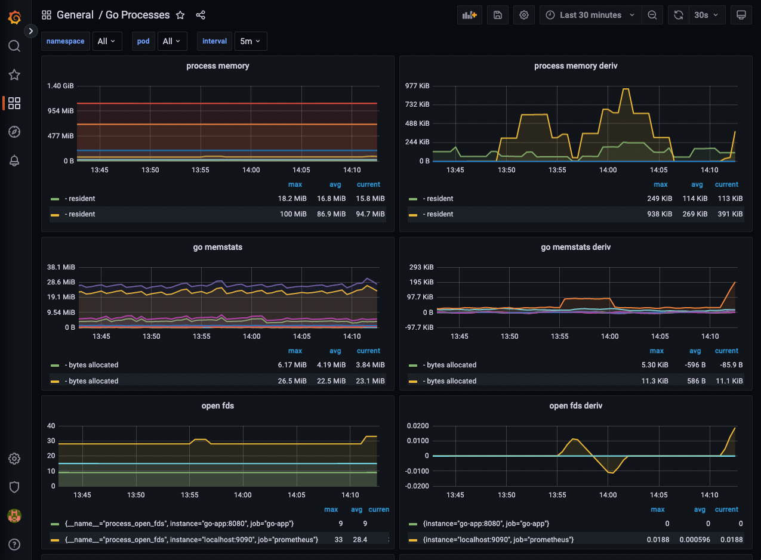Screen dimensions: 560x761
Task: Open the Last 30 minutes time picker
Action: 590,15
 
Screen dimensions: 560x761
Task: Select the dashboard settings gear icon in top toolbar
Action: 523,15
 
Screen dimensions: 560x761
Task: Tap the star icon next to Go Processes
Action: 180,15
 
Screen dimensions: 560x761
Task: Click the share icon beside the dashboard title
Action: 201,15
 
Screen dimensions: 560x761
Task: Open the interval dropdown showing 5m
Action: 250,41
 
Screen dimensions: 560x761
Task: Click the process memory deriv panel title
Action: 575,66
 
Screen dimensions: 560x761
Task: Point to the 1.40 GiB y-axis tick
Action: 60,86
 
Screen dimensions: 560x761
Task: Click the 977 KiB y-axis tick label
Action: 417,86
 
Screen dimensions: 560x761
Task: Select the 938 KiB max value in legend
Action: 660,214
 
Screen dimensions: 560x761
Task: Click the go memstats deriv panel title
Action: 575,247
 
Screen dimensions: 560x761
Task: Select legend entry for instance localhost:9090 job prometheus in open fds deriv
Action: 498,539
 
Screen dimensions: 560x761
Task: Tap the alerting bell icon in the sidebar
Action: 15,160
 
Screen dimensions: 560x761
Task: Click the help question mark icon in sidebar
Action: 15,544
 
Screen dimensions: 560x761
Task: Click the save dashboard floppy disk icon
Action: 497,15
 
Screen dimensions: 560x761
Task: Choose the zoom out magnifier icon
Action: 652,15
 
